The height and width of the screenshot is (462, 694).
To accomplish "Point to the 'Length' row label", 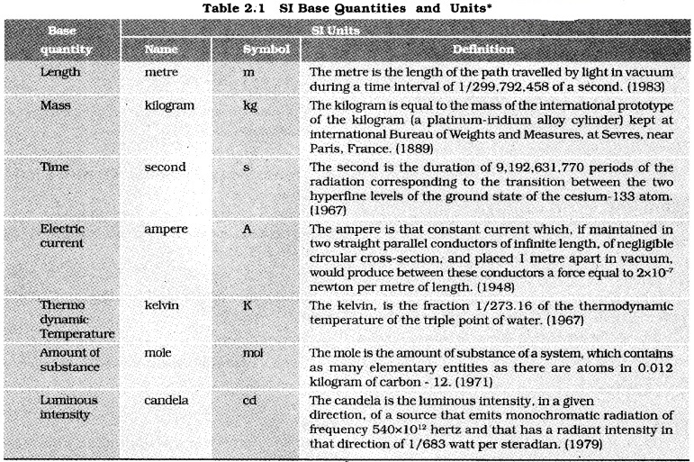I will pyautogui.click(x=61, y=71).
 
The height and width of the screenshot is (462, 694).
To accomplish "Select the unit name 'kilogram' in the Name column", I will pyautogui.click(x=170, y=104).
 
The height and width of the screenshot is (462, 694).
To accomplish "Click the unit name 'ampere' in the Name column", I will pyautogui.click(x=167, y=229).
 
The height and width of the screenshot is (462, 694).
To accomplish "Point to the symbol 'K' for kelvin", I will pyautogui.click(x=248, y=306).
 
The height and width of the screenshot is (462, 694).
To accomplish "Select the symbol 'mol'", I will pyautogui.click(x=254, y=353).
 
